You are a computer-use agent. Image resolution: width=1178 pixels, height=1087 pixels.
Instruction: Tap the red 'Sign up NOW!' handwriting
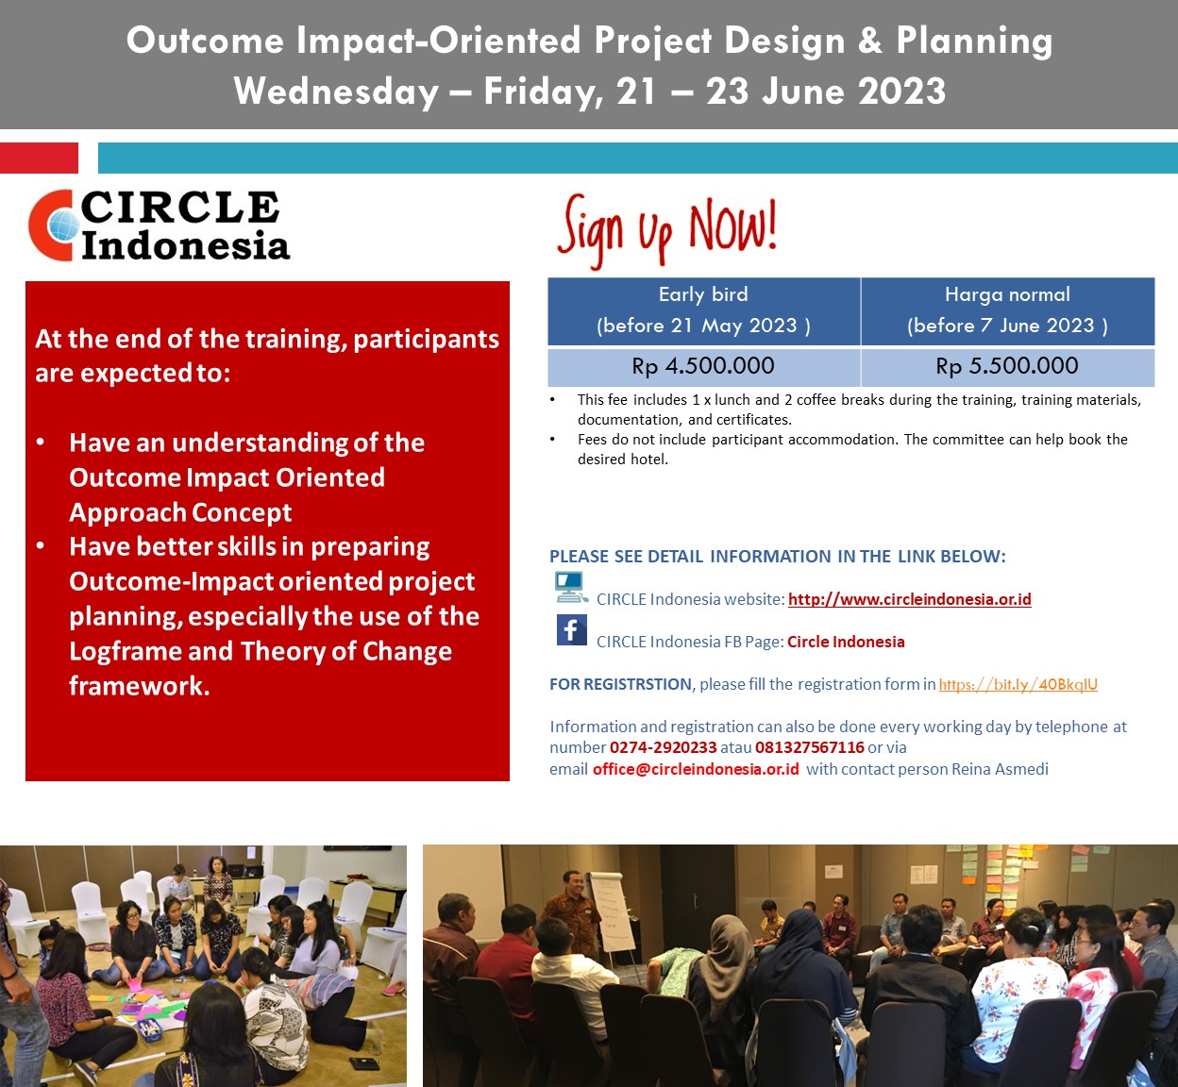666,230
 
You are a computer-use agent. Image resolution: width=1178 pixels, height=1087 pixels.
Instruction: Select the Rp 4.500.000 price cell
703,366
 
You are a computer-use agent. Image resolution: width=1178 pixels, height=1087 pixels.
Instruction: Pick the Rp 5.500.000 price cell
1007,366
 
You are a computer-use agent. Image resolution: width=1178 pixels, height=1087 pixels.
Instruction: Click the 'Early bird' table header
703,310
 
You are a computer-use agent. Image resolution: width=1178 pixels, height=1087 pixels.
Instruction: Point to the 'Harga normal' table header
1007,310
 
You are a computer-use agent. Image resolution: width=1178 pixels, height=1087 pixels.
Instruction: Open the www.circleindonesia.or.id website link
909,599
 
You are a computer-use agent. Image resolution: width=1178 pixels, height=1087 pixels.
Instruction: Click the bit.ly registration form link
1018,684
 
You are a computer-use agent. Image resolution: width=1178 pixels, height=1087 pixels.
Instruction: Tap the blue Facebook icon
572,629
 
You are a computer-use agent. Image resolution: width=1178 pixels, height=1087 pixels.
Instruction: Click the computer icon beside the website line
571,587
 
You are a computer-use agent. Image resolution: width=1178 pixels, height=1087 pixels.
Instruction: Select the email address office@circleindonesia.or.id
696,769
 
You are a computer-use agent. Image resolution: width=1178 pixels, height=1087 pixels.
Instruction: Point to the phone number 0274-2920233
664,747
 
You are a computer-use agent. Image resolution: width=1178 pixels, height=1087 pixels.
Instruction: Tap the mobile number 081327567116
810,747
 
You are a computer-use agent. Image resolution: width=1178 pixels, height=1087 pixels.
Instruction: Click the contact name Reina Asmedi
1000,769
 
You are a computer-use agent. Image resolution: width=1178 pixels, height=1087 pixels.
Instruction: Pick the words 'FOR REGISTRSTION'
620,684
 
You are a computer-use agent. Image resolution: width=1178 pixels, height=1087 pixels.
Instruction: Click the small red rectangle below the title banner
39,158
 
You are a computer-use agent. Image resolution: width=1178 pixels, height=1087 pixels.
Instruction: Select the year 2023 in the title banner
901,91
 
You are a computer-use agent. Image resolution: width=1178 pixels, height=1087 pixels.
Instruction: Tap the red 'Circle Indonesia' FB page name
846,642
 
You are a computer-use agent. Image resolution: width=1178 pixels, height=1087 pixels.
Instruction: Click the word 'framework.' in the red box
140,686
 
